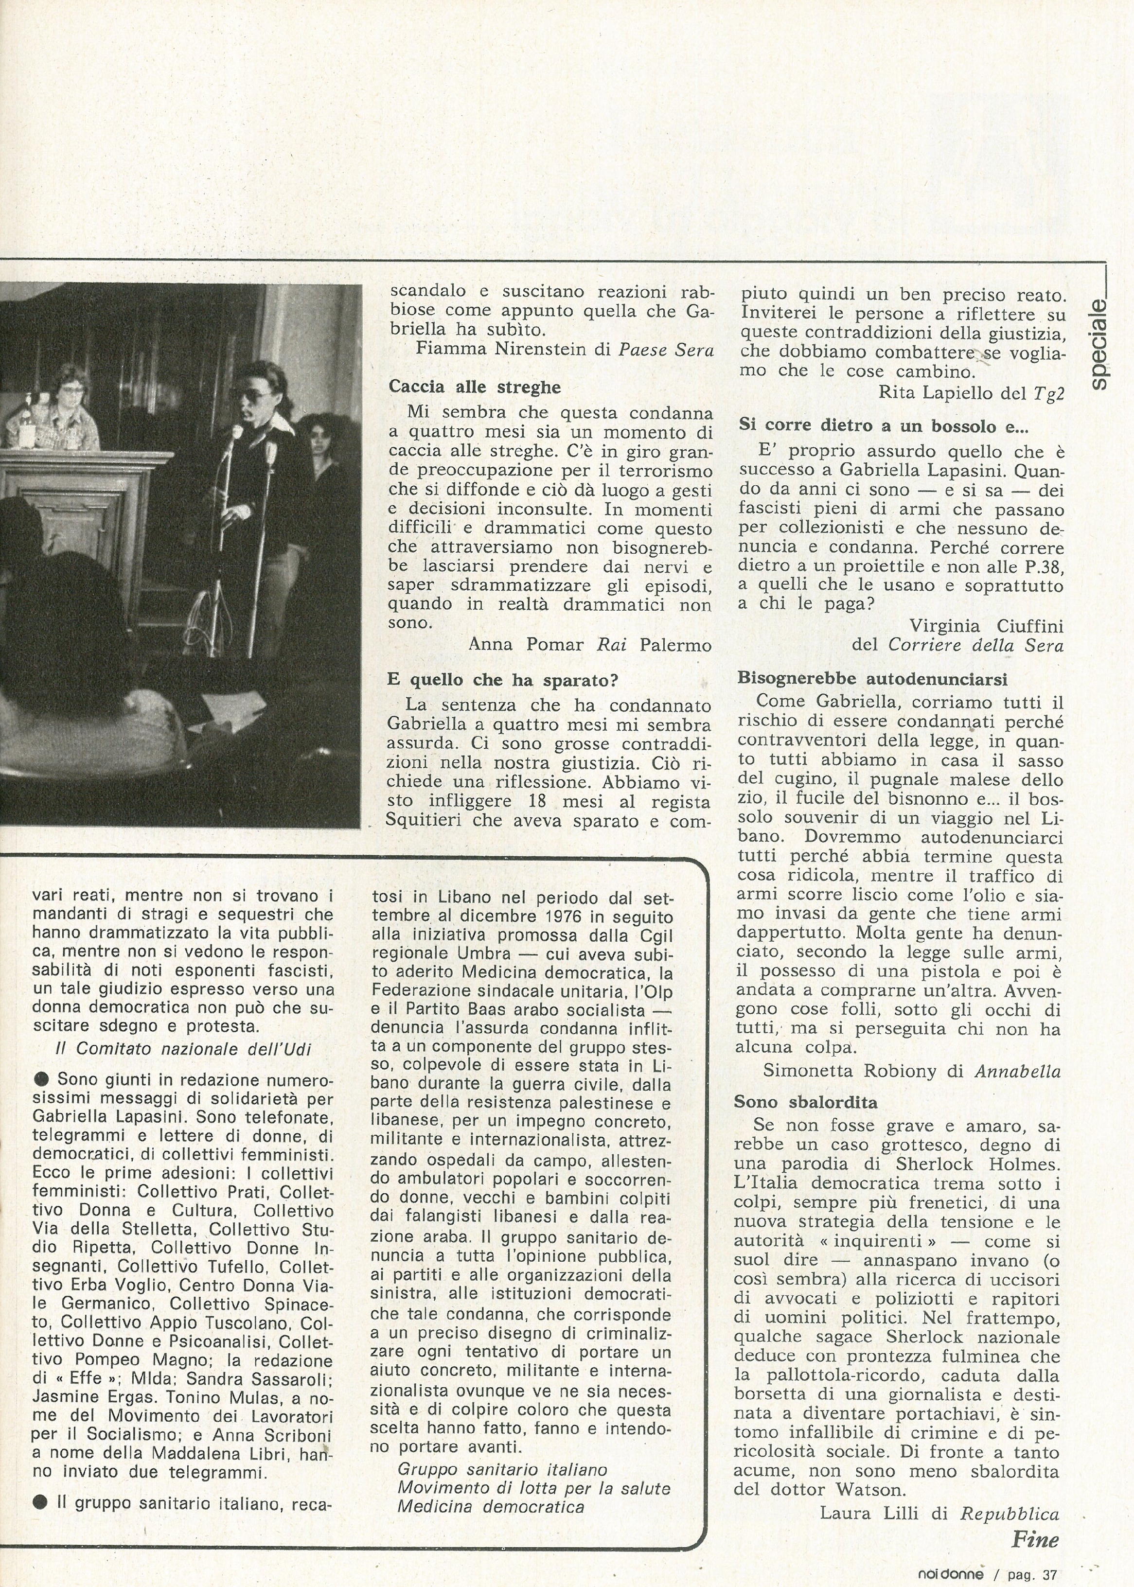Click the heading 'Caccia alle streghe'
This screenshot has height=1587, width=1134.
[474, 387]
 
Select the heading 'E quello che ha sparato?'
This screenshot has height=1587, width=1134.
[503, 679]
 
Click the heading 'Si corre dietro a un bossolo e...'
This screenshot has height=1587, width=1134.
[884, 425]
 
